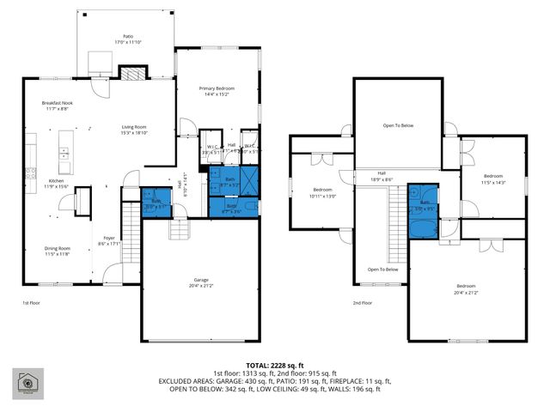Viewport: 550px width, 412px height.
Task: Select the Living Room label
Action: tap(136, 130)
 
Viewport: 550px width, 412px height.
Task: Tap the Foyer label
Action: tap(110, 241)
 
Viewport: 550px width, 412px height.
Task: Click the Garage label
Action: tap(200, 282)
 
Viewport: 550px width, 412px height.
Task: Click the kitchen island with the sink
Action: tap(64, 153)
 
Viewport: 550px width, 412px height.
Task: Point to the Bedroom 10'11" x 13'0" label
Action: tap(322, 191)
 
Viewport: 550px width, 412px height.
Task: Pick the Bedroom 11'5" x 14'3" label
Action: tap(492, 179)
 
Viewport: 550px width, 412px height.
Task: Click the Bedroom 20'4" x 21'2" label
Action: tap(466, 288)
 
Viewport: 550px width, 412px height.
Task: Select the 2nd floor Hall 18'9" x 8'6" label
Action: tap(380, 176)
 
